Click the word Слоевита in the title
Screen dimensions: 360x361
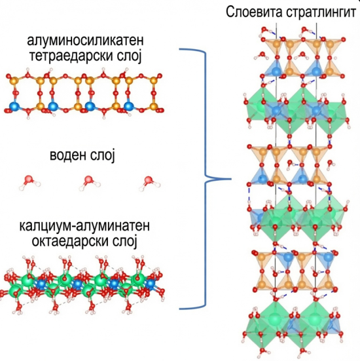tap(254, 12)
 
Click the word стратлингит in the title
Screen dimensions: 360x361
tap(321, 12)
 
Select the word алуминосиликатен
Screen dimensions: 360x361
tap(86, 40)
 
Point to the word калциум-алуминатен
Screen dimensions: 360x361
tap(84, 225)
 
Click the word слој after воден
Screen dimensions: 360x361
tap(102, 155)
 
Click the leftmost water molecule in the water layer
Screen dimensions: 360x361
tap(29, 182)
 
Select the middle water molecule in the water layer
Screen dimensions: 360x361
tap(90, 183)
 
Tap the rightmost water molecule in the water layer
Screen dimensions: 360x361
tap(149, 183)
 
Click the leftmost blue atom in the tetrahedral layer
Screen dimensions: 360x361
tap(14, 106)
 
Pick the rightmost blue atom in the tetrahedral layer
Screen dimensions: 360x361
tap(129, 106)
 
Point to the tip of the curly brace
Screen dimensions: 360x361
tap(230, 179)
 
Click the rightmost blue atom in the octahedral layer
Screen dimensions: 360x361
tap(151, 283)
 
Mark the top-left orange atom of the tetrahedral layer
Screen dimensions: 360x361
tap(14, 81)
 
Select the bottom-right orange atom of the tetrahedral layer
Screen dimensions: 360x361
tap(154, 106)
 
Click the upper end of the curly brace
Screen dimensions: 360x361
tap(180, 49)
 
